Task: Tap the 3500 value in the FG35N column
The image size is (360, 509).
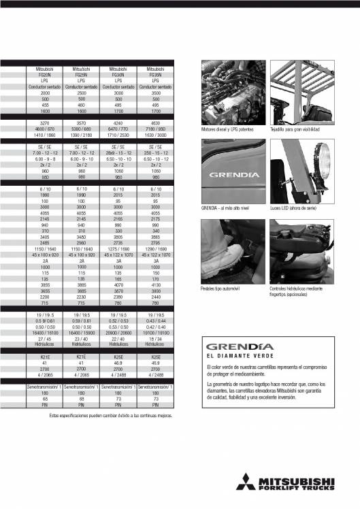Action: (x=156, y=93)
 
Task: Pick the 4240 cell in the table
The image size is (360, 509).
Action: (x=119, y=122)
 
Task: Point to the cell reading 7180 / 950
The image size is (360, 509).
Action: (x=156, y=129)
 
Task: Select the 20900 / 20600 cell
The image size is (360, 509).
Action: (x=119, y=336)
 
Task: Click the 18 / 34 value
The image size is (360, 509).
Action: (x=156, y=341)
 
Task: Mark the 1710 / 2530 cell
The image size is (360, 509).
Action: (x=119, y=134)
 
